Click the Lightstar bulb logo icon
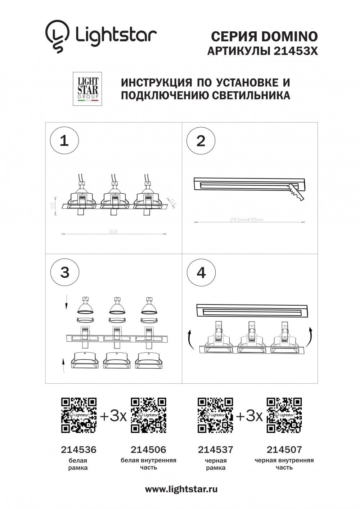pyautogui.click(x=57, y=36)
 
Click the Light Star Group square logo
pyautogui.click(x=87, y=89)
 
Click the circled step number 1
pyautogui.click(x=64, y=140)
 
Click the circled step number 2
pyautogui.click(x=201, y=140)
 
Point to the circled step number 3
pyautogui.click(x=64, y=272)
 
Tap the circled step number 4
pyautogui.click(x=201, y=272)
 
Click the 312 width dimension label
pyautogui.click(x=113, y=231)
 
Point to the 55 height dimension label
pyautogui.click(x=52, y=206)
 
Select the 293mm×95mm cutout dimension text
pyautogui.click(x=247, y=220)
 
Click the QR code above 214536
pyautogui.click(x=79, y=415)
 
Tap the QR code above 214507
pyautogui.click(x=284, y=415)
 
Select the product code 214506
pyautogui.click(x=148, y=450)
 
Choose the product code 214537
pyautogui.click(x=216, y=450)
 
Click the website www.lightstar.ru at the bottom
pyautogui.click(x=181, y=489)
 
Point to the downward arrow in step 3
pyautogui.click(x=66, y=302)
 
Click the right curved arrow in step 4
pyautogui.click(x=311, y=335)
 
